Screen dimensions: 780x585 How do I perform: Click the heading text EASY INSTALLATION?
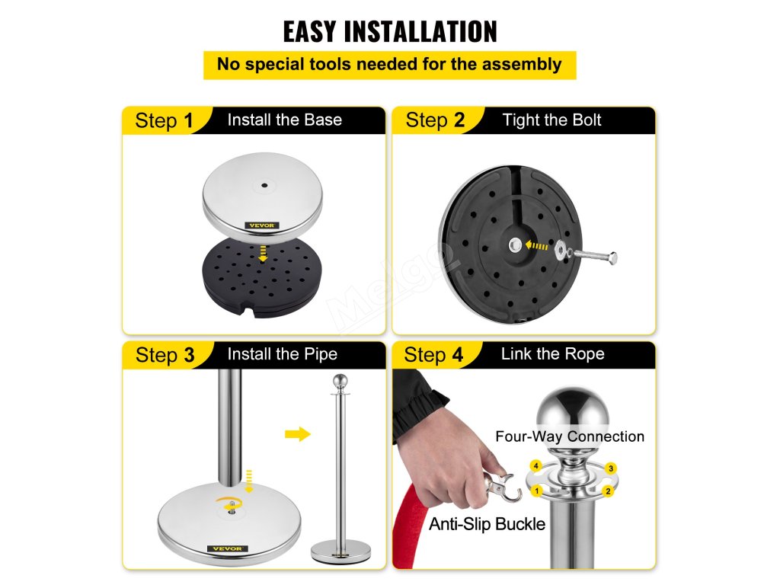point(390,31)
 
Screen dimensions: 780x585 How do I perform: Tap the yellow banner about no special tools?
point(389,65)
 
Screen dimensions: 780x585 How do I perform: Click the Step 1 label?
point(164,120)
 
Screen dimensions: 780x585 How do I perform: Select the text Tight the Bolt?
point(551,120)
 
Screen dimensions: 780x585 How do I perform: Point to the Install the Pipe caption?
point(282,354)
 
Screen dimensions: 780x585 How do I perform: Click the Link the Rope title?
point(553,353)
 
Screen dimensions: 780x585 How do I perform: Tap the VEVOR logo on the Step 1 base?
point(262,225)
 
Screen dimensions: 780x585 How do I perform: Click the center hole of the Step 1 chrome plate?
point(264,186)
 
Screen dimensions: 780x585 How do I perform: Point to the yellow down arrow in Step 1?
point(263,253)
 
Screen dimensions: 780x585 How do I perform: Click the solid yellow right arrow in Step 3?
point(298,434)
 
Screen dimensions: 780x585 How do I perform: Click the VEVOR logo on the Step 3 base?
point(227,548)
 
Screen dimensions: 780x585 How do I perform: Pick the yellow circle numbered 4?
point(535,466)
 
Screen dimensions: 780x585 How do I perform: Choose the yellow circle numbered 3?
point(611,468)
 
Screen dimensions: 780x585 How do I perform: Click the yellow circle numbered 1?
point(536,491)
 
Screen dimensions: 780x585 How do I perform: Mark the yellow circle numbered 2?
point(608,491)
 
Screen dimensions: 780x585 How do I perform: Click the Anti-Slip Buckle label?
point(487,524)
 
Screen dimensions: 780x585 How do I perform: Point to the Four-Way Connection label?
point(570,436)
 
